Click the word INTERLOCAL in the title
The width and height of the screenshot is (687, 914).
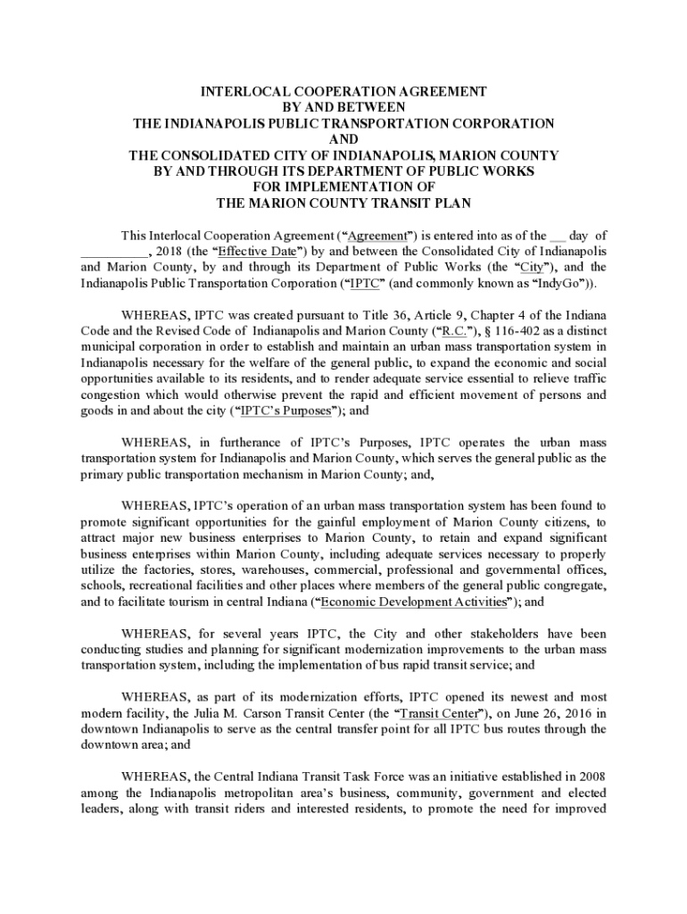239,91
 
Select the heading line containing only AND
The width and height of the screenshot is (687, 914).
343,138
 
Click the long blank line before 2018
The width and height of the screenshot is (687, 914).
113,251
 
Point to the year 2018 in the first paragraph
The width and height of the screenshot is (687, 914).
166,251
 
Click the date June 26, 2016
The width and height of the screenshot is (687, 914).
547,713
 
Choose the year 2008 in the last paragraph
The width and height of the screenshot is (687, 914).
590,777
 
